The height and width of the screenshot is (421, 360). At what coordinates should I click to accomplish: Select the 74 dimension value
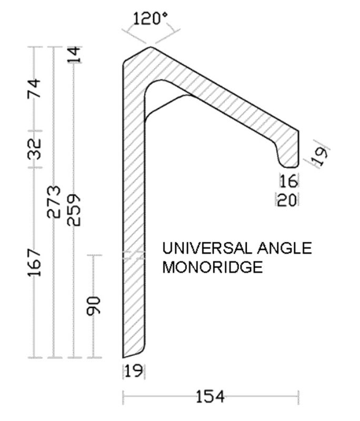coord(34,88)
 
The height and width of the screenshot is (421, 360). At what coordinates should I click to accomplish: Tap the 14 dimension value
coord(75,55)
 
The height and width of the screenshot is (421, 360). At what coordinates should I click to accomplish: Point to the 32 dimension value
coord(34,149)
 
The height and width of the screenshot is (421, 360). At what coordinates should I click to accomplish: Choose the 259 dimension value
coord(74,209)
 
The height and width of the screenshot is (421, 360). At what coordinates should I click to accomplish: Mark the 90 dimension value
coord(94,306)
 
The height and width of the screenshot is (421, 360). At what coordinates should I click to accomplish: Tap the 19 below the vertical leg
coord(134,372)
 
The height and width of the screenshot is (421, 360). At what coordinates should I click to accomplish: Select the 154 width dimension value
coord(210,396)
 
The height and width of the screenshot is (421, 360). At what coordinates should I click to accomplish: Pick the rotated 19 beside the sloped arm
coord(320,153)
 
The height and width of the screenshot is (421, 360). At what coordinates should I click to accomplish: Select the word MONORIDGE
coord(212,267)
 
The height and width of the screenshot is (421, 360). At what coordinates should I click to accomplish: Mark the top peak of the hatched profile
coord(152,48)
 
